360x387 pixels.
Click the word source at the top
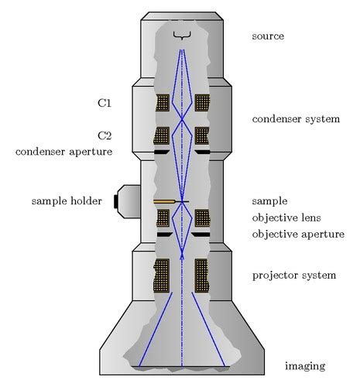268,36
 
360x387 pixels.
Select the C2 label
105,135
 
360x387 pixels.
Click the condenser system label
296,119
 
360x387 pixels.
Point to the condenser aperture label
63,152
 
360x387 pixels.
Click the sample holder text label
67,201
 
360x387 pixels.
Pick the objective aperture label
298,234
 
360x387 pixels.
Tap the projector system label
294,276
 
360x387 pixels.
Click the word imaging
304,366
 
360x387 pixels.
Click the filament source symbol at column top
182,35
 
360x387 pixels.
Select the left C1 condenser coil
163,102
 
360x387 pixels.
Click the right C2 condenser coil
202,135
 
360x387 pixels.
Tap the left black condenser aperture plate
161,152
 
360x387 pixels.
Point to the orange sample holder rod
164,201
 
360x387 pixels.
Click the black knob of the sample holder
117,201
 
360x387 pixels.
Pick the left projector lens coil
163,275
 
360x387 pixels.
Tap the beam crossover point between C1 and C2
182,119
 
